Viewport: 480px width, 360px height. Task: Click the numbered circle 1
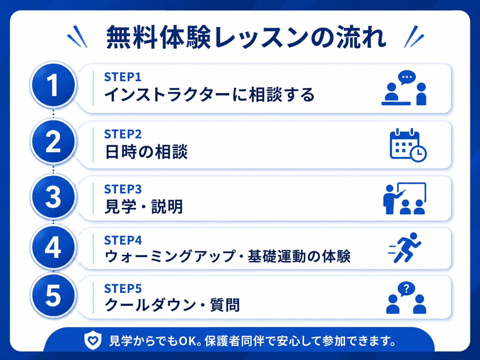click(x=53, y=85)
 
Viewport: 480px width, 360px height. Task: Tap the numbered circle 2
click(x=53, y=141)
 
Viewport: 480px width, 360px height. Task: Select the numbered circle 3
click(x=53, y=196)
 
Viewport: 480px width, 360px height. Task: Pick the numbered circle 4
click(x=53, y=247)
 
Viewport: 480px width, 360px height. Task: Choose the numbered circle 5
click(x=53, y=295)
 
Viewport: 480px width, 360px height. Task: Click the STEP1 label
click(x=123, y=77)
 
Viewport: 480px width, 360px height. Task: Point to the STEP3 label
click(x=123, y=189)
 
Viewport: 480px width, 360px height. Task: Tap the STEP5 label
click(x=123, y=289)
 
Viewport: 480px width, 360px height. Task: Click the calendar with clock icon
click(x=408, y=145)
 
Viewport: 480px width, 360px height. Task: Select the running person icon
click(x=405, y=247)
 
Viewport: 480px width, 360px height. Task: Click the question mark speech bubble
click(x=406, y=289)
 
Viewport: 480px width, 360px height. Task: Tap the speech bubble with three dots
click(x=407, y=78)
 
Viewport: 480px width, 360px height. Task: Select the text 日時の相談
click(x=146, y=152)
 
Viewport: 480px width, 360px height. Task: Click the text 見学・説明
click(x=144, y=207)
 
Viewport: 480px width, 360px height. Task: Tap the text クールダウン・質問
click(x=172, y=305)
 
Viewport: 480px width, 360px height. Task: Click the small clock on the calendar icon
click(x=418, y=153)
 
